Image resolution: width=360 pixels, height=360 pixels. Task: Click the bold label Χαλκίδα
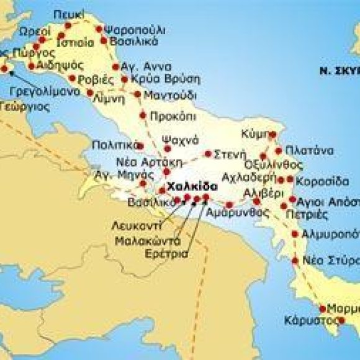click(x=193, y=186)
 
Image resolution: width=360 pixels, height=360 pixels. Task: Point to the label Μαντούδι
click(x=169, y=96)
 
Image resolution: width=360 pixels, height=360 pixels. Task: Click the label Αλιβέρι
click(x=259, y=192)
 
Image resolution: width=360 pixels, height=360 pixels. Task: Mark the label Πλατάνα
click(x=305, y=151)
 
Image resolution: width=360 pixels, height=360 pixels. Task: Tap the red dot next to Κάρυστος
click(x=341, y=320)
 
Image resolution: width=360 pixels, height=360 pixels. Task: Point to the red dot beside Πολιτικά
click(x=140, y=146)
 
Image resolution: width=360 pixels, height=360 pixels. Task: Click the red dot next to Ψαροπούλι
click(x=99, y=29)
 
